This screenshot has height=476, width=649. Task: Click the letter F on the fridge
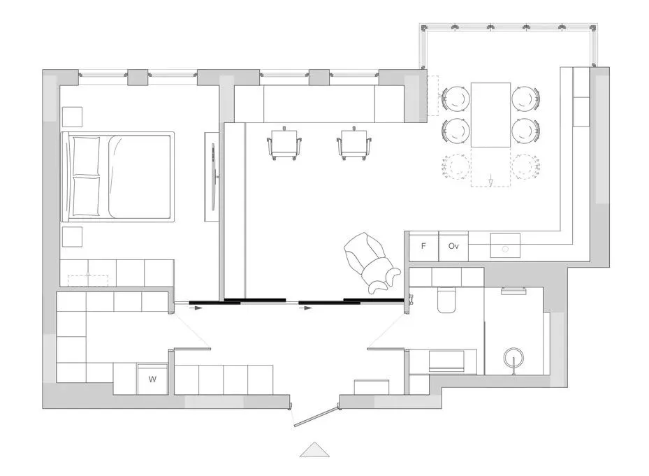pyautogui.click(x=423, y=246)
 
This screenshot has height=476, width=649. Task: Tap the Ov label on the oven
pyautogui.click(x=453, y=246)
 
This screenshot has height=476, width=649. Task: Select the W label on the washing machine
pyautogui.click(x=153, y=379)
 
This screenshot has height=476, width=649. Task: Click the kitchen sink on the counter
pyautogui.click(x=505, y=245)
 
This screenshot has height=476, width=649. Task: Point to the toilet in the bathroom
pyautogui.click(x=448, y=301)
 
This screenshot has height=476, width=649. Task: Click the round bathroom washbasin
pyautogui.click(x=513, y=356)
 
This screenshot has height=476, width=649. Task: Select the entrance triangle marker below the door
pyautogui.click(x=314, y=449)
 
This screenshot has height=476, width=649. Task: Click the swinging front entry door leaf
pyautogui.click(x=314, y=417)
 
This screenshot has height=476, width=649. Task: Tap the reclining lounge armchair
pyautogui.click(x=371, y=263)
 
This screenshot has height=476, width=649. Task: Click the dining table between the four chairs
pyautogui.click(x=490, y=115)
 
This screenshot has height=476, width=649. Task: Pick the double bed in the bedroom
pyautogui.click(x=117, y=177)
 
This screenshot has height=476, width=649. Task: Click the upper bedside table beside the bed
pyautogui.click(x=72, y=117)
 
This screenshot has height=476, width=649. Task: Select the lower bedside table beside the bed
pyautogui.click(x=72, y=236)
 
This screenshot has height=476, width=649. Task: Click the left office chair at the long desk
pyautogui.click(x=284, y=144)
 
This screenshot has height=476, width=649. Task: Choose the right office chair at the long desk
pyautogui.click(x=354, y=144)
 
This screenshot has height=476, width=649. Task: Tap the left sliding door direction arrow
pyautogui.click(x=196, y=308)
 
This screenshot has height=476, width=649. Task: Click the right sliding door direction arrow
pyautogui.click(x=305, y=308)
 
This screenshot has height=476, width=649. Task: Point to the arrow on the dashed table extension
pyautogui.click(x=491, y=180)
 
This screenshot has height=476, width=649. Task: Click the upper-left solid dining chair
pyautogui.click(x=455, y=99)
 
